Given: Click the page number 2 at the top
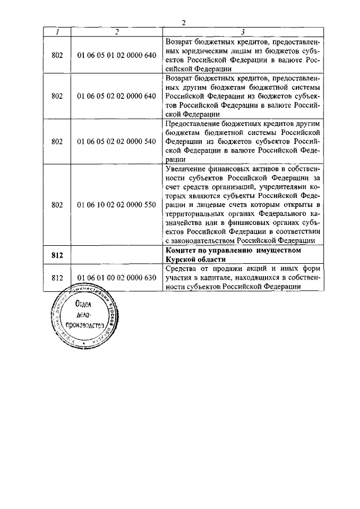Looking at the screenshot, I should [183, 22].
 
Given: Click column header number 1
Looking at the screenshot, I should [57, 32].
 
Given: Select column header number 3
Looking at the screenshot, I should [242, 32].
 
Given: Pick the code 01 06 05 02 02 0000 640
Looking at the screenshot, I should [116, 96].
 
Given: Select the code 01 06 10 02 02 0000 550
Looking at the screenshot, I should [116, 205].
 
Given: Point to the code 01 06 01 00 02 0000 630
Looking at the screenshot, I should [116, 277].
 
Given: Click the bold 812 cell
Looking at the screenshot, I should [57, 254].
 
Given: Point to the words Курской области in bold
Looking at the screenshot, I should [193, 259].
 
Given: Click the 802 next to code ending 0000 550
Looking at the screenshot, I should [57, 205].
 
